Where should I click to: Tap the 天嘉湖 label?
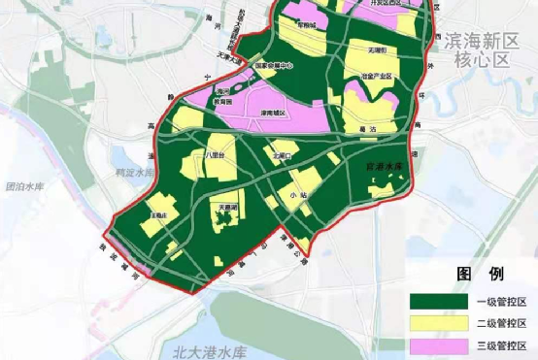pos(228,209)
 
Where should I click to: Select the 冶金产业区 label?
pos(377,75)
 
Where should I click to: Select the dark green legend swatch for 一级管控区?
pos(437,301)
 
